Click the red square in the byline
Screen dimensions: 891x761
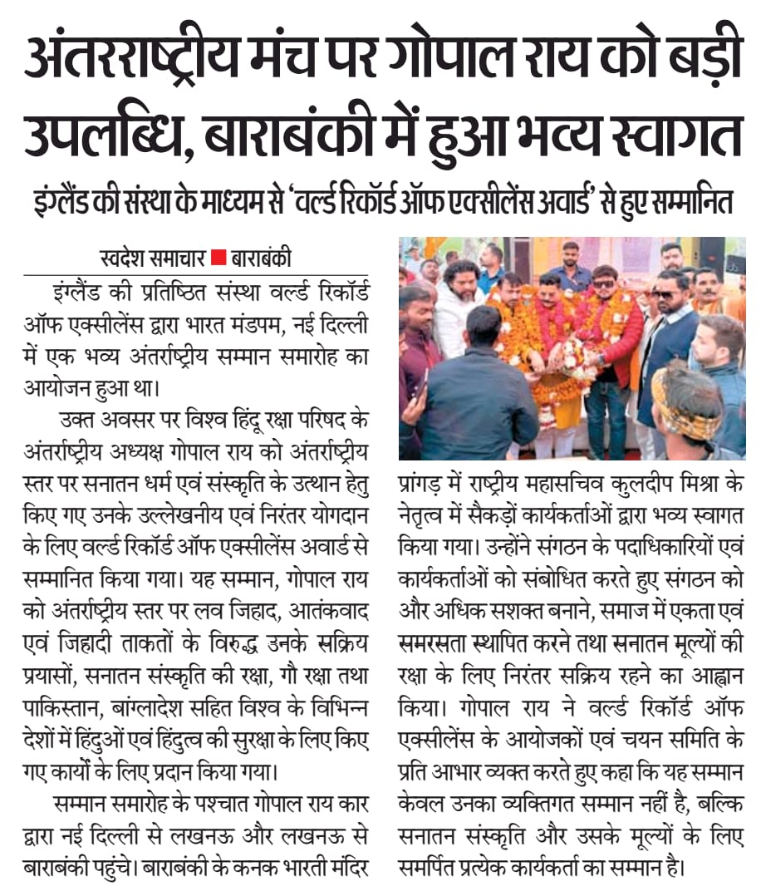point(218,258)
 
